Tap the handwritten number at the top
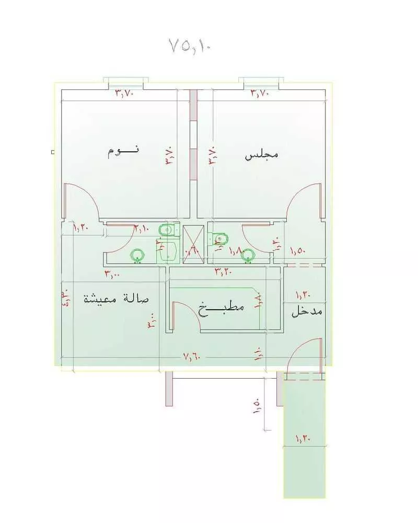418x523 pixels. pyautogui.click(x=189, y=46)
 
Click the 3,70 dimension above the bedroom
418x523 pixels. pyautogui.click(x=125, y=94)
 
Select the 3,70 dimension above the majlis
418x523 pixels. pyautogui.click(x=261, y=94)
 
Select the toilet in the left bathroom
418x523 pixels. pyautogui.click(x=167, y=229)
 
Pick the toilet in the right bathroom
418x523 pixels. pyautogui.click(x=220, y=239)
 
